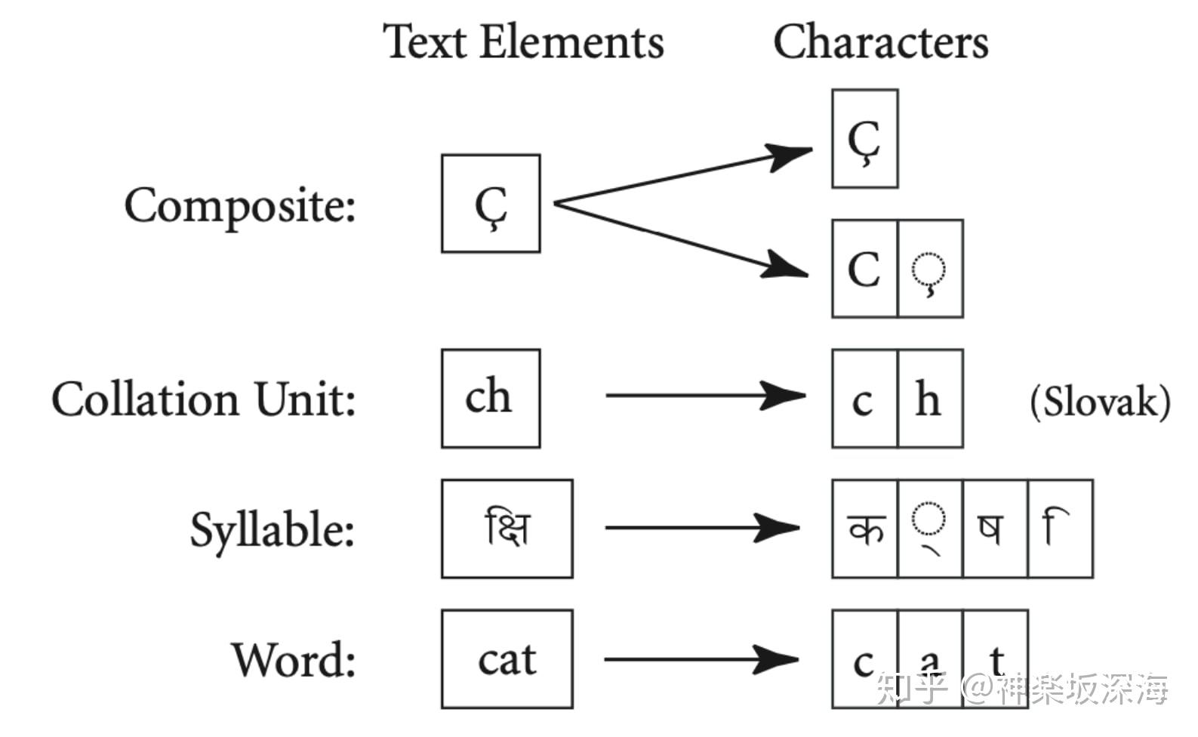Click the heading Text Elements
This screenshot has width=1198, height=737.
tap(523, 42)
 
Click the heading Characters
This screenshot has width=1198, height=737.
tap(880, 42)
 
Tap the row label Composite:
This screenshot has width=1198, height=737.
tap(240, 205)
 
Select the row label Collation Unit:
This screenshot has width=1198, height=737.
tap(204, 399)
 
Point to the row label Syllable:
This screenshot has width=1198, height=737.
tap(272, 529)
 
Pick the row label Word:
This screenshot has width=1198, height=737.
tap(294, 660)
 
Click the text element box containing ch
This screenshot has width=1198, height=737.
tap(491, 399)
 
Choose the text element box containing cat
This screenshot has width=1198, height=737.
tap(507, 659)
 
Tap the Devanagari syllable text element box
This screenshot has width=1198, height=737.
tap(507, 529)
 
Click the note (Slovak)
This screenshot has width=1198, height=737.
tap(1100, 401)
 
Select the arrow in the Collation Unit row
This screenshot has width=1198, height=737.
tap(705, 395)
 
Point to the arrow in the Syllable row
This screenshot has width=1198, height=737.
tap(702, 527)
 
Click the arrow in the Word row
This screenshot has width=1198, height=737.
tap(702, 660)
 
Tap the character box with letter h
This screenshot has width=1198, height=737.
tap(930, 399)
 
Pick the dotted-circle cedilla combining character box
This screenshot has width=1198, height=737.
tap(930, 269)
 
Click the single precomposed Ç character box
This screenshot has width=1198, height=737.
tap(864, 139)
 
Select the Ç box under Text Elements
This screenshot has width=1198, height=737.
tap(491, 204)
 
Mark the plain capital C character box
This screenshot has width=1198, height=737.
tap(864, 269)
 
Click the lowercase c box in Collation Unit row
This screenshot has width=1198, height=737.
tap(864, 399)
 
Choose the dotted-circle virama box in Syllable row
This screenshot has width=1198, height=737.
tap(930, 529)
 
